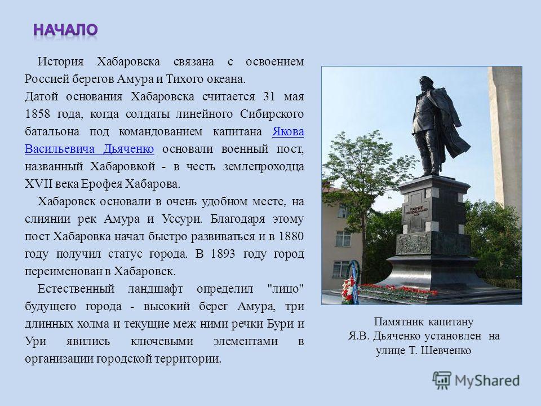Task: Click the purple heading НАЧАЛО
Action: pyautogui.click(x=65, y=30)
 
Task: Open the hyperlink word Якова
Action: pyautogui.click(x=288, y=131)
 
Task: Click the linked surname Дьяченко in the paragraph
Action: pyautogui.click(x=128, y=149)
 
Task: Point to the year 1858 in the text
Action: pyautogui.click(x=37, y=114)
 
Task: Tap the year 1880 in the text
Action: pyautogui.click(x=291, y=236)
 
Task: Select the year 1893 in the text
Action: pyautogui.click(x=223, y=254)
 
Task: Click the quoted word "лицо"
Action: pyautogui.click(x=286, y=289)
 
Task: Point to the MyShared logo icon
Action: pyautogui.click(x=442, y=381)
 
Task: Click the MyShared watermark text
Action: pyautogui.click(x=487, y=381)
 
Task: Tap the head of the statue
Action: pyautogui.click(x=426, y=84)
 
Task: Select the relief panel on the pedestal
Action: pyautogui.click(x=413, y=244)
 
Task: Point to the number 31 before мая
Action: pyautogui.click(x=269, y=96)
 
